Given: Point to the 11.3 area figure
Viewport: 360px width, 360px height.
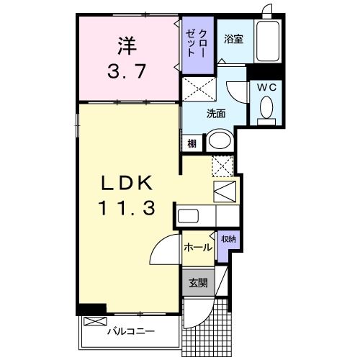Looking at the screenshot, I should (127, 209).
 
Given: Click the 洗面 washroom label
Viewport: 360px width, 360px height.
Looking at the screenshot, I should (216, 113).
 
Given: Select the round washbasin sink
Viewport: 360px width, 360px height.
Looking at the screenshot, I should (220, 140).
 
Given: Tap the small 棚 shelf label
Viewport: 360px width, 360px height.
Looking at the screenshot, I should (192, 143).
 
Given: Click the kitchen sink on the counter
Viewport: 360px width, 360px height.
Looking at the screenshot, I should (189, 216).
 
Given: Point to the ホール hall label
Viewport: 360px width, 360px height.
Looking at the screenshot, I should (197, 248).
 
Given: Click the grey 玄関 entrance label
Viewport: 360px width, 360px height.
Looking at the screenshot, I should (197, 283).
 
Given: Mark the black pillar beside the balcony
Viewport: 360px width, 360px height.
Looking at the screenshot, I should (92, 310).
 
